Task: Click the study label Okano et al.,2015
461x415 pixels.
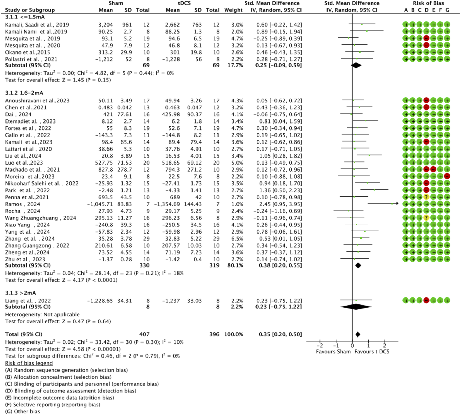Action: [x=28, y=52]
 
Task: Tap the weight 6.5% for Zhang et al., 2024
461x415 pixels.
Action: [x=237, y=239]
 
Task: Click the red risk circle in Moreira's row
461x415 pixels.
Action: [x=447, y=176]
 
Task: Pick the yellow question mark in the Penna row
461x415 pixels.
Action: [x=426, y=197]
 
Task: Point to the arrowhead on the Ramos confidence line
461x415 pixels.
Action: [x=397, y=203]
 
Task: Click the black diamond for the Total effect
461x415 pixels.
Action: [x=358, y=334]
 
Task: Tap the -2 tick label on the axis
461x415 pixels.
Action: [x=320, y=346]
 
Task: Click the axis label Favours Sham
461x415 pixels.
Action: [x=333, y=352]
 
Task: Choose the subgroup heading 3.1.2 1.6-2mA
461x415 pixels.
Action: [x=24, y=93]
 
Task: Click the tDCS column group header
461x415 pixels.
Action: [x=184, y=3]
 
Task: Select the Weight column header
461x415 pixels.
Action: [x=233, y=10]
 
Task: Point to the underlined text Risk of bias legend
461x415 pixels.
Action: [x=29, y=363]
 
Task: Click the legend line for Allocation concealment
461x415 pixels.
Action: [x=58, y=377]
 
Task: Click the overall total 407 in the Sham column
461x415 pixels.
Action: [x=144, y=334]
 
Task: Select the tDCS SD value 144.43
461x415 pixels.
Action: [x=193, y=204]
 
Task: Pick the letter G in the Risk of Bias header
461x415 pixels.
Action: [x=447, y=10]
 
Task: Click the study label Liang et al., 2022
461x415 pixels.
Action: [x=28, y=301]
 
